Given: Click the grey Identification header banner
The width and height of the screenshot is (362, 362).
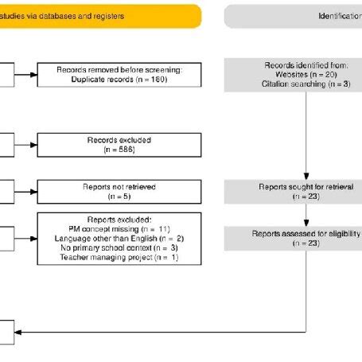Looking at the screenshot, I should (x=294, y=16).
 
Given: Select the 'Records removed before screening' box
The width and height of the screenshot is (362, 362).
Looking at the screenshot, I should (x=119, y=75).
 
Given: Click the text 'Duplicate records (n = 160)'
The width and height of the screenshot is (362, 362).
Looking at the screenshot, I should (x=119, y=80).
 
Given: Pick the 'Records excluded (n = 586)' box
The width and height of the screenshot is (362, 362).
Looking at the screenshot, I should (x=119, y=143).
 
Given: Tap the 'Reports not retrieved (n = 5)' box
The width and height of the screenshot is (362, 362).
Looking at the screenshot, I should (x=119, y=190).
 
